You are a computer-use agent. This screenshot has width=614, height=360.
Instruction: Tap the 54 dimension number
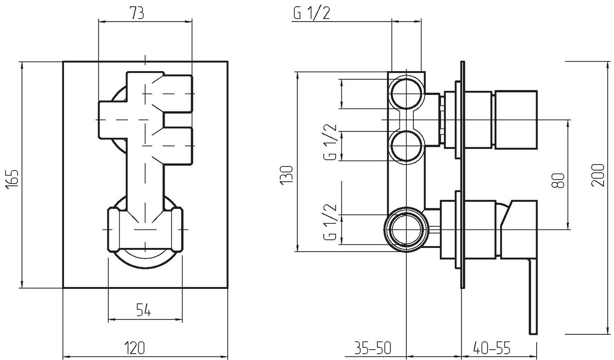pyautogui.click(x=143, y=310)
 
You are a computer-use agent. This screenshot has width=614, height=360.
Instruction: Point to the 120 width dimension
pyautogui.click(x=134, y=348)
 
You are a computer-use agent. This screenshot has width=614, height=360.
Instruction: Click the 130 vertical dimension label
pyautogui.click(x=287, y=175)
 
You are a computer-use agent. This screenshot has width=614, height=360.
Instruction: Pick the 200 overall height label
pyautogui.click(x=598, y=175)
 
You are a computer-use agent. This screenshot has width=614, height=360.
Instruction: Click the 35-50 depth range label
pyautogui.click(x=373, y=348)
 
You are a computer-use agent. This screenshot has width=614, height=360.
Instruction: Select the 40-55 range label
pyautogui.click(x=492, y=348)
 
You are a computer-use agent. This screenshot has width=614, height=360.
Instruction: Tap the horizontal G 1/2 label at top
pyautogui.click(x=312, y=13)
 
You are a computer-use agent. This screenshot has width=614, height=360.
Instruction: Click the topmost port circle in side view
pyautogui.click(x=406, y=94)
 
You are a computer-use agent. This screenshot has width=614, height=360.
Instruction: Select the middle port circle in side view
pyautogui.click(x=406, y=146)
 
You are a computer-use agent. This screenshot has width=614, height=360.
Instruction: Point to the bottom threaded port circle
pyautogui.click(x=406, y=229)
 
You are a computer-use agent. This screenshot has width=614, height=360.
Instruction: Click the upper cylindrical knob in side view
pyautogui.click(x=515, y=120)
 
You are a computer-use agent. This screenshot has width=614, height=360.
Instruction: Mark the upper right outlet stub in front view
pyautogui.click(x=178, y=94)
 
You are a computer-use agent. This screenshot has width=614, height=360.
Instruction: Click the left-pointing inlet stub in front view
pyautogui.click(x=112, y=120)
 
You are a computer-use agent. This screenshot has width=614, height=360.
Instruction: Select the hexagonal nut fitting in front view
pyautogui.click(x=145, y=229)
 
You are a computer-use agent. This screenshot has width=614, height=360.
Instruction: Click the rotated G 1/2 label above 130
pyautogui.click(x=330, y=142)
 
